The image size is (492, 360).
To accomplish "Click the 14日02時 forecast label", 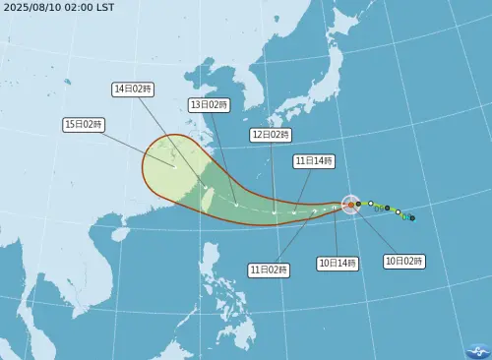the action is pos(133,89).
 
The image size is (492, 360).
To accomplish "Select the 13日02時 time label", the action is pos(209,104).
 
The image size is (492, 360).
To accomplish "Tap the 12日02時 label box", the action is pos(271,134).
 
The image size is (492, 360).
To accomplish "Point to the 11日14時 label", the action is pos(314,160).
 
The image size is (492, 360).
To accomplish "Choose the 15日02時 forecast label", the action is pos(84,124).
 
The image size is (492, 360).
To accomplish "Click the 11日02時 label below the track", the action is pos(268,269).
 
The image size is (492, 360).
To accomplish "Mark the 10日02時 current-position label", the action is pos(403,261).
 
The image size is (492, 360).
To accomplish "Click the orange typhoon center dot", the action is pos(350,205).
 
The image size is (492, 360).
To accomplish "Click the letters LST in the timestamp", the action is pos(104,8).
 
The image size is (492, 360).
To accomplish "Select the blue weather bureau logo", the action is pos(477,350).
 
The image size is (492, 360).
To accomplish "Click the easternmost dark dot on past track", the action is pos(412,217).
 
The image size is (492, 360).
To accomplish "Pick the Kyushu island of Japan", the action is pos(259,137).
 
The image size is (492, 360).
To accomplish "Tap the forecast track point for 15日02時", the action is pos(174,166).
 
